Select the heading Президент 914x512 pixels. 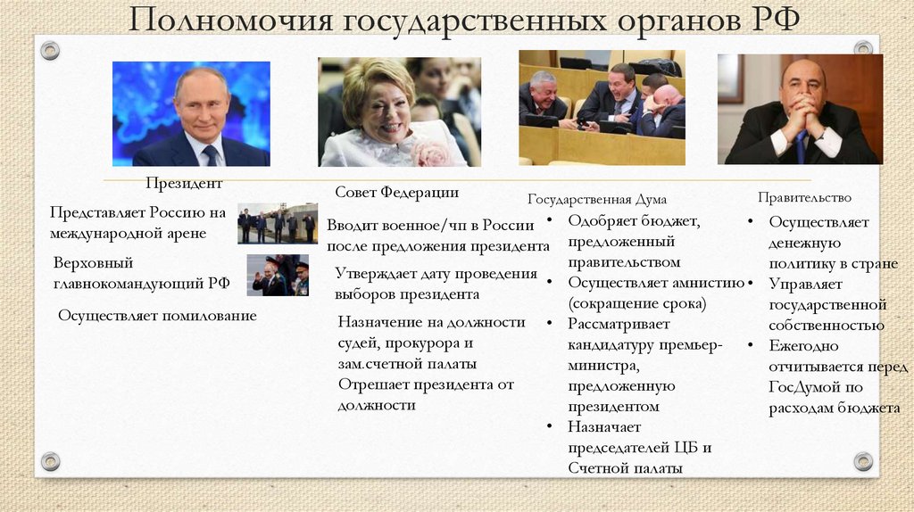tap(185, 183)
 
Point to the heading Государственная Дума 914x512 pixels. tap(597, 200)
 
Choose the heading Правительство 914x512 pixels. tap(804, 197)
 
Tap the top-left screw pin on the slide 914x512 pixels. tap(50, 51)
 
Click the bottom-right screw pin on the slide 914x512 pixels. tap(863, 461)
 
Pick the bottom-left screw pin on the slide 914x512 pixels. tap(51, 461)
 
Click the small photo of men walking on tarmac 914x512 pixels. tap(277, 224)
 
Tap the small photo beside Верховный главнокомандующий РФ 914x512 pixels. tap(277, 276)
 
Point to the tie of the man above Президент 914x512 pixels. tap(211, 155)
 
